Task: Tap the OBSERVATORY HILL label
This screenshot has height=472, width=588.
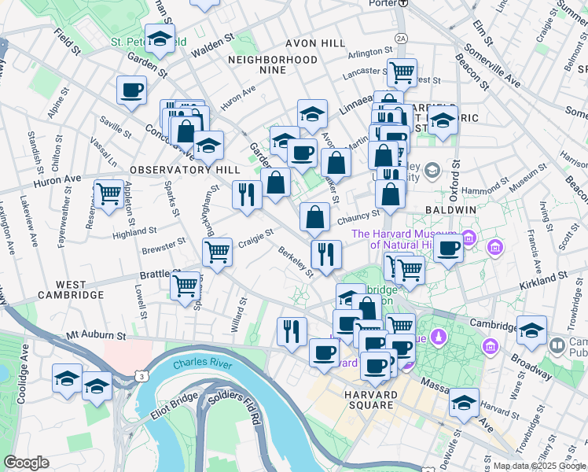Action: [173, 170]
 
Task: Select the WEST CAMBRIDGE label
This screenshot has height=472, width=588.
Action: [69, 289]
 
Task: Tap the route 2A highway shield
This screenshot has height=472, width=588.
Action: [402, 38]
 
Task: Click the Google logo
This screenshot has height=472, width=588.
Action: [27, 463]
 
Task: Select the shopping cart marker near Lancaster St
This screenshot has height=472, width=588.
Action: [402, 72]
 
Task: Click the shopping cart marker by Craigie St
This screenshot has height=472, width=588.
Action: [217, 252]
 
